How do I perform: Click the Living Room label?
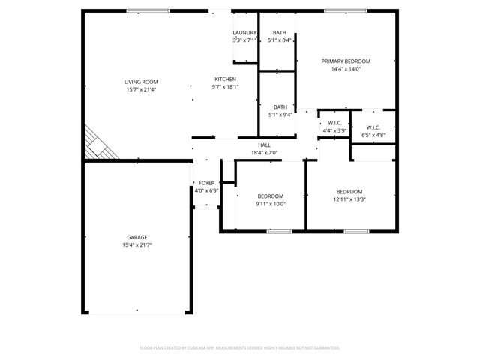pyautogui.click(x=141, y=82)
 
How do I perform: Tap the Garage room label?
pyautogui.click(x=136, y=237)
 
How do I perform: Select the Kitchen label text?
pyautogui.click(x=226, y=79)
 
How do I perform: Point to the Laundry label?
pyautogui.click(x=244, y=33)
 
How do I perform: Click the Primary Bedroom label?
pyautogui.click(x=346, y=61)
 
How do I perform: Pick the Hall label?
pyautogui.click(x=264, y=145)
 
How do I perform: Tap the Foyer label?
pyautogui.click(x=206, y=183)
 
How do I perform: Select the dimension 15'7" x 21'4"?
pyautogui.click(x=141, y=89)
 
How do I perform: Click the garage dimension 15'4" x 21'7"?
pyautogui.click(x=136, y=245)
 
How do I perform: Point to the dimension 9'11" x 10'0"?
pyautogui.click(x=270, y=204)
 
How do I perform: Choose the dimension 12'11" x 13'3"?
pyautogui.click(x=349, y=199)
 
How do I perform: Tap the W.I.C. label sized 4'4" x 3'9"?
pyautogui.click(x=334, y=123)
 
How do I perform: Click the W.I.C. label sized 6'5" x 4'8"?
pyautogui.click(x=373, y=127)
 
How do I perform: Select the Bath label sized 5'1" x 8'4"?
pyautogui.click(x=279, y=33)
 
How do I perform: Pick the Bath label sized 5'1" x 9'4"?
pyautogui.click(x=280, y=107)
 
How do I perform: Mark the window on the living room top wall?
pyautogui.click(x=137, y=10)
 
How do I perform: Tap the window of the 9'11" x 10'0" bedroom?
pyautogui.click(x=279, y=232)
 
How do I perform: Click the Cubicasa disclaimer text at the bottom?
pyautogui.click(x=240, y=348)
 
